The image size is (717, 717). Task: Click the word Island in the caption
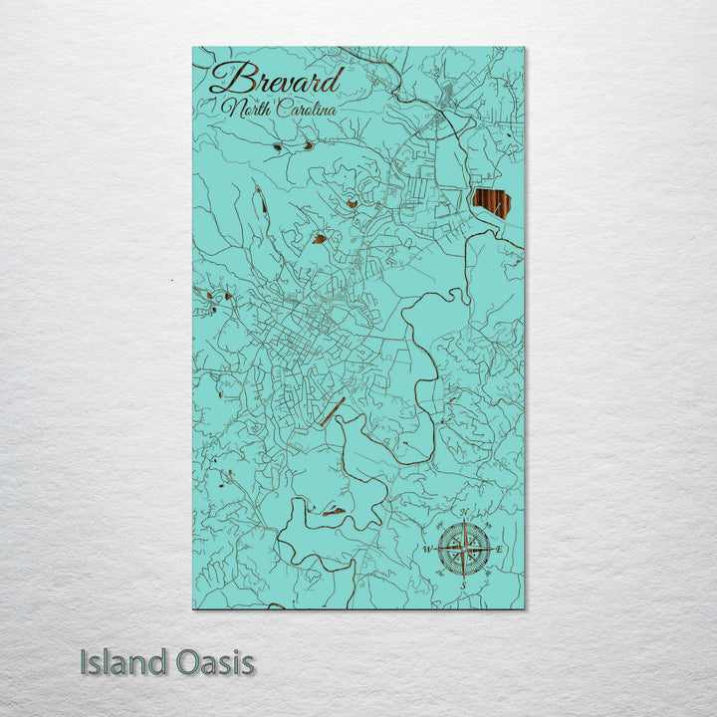[x=120, y=662]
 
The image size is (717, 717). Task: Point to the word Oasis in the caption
[x=211, y=662]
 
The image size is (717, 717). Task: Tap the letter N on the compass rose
[x=461, y=515]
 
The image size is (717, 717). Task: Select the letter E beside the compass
[x=500, y=550]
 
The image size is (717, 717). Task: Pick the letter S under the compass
[x=462, y=586]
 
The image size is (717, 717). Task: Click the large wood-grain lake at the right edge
[x=492, y=203]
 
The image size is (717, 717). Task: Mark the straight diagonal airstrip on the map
[x=332, y=411]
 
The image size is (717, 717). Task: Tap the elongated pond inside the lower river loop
[x=333, y=512]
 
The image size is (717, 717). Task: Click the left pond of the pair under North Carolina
[x=276, y=146]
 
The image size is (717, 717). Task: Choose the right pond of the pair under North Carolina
[x=308, y=145]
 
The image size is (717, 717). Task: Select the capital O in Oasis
[x=187, y=662]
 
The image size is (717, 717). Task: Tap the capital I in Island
[x=85, y=662]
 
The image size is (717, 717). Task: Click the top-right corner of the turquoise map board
[x=523, y=48]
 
